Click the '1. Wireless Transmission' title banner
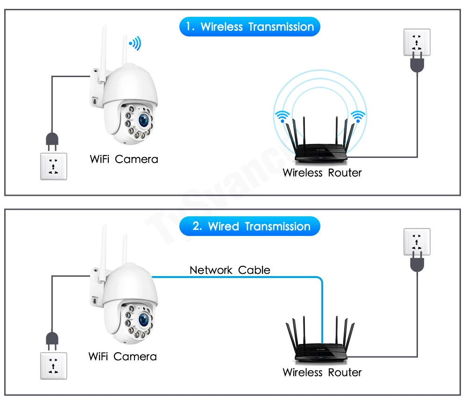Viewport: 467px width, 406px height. click(x=249, y=27)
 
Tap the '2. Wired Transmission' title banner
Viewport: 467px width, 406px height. click(x=249, y=227)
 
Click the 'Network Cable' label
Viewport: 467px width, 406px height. click(x=230, y=270)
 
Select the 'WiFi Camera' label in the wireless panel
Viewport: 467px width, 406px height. click(x=124, y=159)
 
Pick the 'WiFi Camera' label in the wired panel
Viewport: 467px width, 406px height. click(x=122, y=356)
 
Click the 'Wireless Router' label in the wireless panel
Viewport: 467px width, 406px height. click(x=322, y=173)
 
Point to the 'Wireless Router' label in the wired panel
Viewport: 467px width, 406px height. click(x=322, y=372)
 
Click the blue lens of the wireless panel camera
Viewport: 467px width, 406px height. click(x=144, y=120)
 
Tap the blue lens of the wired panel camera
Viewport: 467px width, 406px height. click(x=144, y=320)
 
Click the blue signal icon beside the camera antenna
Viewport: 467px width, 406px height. click(x=135, y=43)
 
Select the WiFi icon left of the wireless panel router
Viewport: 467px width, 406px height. click(x=282, y=116)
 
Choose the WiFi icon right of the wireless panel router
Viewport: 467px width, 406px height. click(x=358, y=116)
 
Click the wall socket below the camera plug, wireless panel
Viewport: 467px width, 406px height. click(x=54, y=166)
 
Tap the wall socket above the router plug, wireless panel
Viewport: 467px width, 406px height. click(x=417, y=42)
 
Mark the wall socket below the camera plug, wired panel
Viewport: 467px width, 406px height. click(x=54, y=366)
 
